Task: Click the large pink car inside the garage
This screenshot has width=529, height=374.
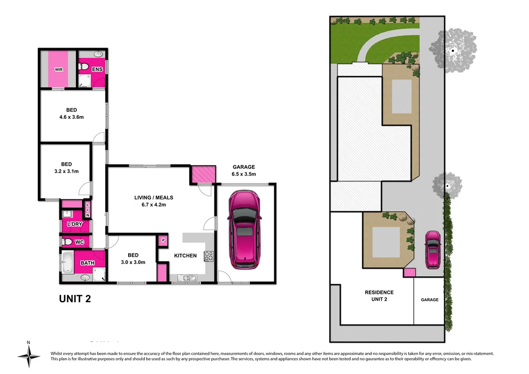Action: (244, 228)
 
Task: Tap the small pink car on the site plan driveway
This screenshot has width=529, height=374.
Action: (433, 250)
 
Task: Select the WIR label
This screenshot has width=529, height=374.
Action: (58, 70)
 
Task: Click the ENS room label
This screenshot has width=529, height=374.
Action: (97, 69)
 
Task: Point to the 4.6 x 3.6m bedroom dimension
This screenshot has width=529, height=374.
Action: (71, 117)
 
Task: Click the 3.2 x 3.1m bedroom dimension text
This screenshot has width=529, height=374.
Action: (66, 172)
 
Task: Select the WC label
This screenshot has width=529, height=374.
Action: (79, 242)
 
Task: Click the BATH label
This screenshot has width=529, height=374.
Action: (87, 263)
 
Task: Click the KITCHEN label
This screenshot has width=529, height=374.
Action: (185, 256)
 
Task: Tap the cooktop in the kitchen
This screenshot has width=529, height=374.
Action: (209, 256)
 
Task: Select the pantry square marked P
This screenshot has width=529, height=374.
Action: (163, 240)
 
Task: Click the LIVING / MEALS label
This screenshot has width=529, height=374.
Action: (154, 197)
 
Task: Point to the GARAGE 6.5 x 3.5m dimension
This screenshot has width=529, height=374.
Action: (243, 175)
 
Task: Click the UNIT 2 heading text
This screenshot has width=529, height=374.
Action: (75, 299)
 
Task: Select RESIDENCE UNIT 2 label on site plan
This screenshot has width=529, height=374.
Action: (379, 295)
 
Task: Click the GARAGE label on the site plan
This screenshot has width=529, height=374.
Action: (429, 300)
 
